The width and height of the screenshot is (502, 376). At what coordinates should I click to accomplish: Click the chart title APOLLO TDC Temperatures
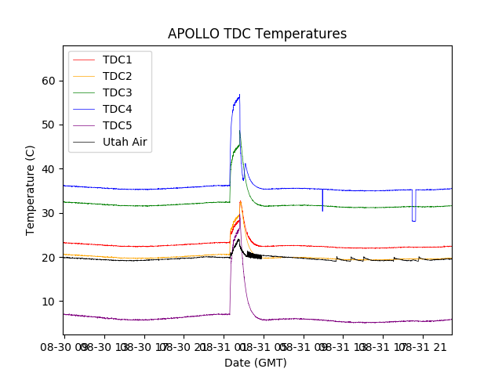pos(257,34)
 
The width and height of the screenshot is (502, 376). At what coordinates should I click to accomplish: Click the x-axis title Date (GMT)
pos(256,363)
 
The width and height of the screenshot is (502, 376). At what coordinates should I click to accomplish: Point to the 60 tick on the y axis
pos(49,81)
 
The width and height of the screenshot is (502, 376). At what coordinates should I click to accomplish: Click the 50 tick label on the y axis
pos(49,125)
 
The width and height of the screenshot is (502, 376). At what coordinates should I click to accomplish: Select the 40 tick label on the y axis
pos(49,169)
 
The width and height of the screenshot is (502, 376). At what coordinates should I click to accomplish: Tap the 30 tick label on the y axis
pos(49,213)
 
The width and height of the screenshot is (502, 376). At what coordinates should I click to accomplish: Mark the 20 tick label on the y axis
pos(49,258)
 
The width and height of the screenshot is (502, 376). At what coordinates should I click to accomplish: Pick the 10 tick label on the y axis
pos(49,302)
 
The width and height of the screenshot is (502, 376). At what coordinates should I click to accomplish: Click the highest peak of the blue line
pos(239,96)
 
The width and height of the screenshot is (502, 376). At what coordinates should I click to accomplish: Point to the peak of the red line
pos(240,201)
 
